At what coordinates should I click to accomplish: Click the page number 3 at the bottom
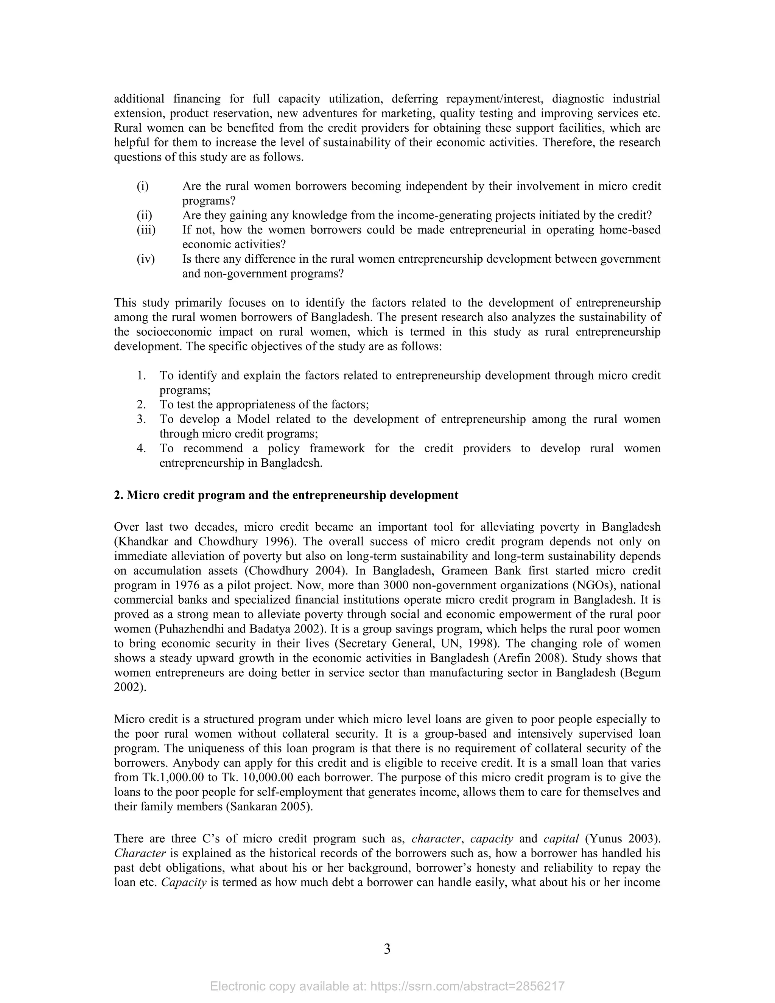pyautogui.click(x=387, y=948)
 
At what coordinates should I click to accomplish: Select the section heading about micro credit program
pyautogui.click(x=286, y=495)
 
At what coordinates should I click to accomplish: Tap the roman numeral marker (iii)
pyautogui.click(x=146, y=230)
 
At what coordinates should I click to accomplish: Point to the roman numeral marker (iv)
pyautogui.click(x=146, y=259)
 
